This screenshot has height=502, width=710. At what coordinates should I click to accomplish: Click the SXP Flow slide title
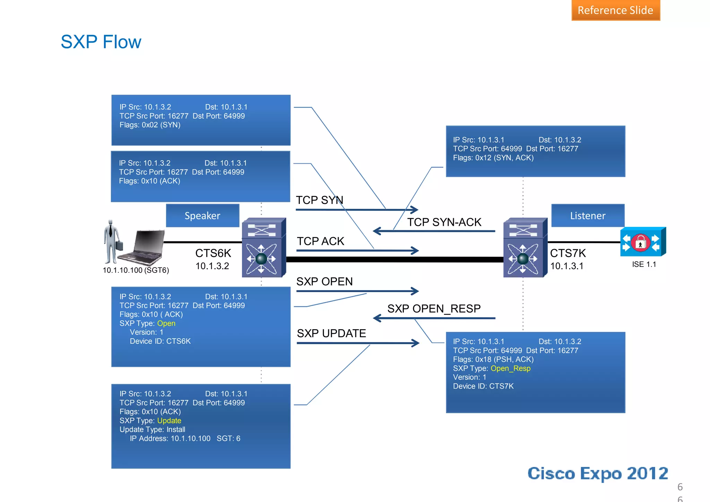pos(101,42)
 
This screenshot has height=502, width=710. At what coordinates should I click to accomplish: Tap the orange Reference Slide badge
pos(615,10)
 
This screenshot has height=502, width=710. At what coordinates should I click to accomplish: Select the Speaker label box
pos(202,215)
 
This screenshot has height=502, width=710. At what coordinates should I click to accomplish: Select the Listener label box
pos(588,215)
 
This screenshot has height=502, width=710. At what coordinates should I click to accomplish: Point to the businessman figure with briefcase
pos(112,242)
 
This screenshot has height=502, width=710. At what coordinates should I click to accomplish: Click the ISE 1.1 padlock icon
pos(641,242)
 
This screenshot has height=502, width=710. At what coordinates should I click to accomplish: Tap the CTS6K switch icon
pos(263,248)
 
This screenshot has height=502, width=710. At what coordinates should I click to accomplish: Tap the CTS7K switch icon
pos(525,248)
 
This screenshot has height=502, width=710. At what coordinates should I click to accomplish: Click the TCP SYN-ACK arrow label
pos(444,222)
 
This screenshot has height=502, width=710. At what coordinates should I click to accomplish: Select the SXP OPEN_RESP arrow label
pos(434,308)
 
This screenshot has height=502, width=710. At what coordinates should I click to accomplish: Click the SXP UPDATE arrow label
pos(331,333)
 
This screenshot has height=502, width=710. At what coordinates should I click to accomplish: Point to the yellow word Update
pos(169,420)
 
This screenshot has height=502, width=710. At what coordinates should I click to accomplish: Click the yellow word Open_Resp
pos(511,368)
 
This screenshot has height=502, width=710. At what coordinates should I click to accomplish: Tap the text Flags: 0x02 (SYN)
pos(150,125)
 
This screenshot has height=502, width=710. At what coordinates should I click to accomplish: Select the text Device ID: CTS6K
pos(160,341)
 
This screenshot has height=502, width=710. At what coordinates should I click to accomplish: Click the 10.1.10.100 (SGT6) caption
pos(136,270)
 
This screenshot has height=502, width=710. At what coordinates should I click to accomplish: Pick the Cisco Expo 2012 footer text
pos(597,474)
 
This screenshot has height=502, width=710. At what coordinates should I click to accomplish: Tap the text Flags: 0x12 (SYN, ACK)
pos(493,158)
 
